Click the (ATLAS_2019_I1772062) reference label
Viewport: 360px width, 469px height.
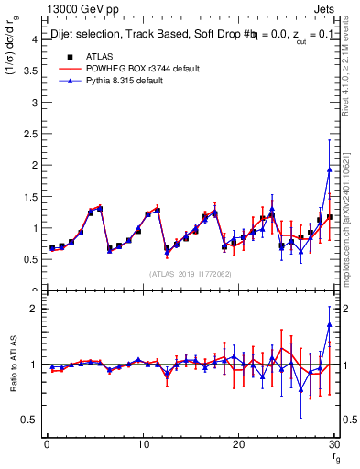189,274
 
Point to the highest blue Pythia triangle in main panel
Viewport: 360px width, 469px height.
329,170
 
